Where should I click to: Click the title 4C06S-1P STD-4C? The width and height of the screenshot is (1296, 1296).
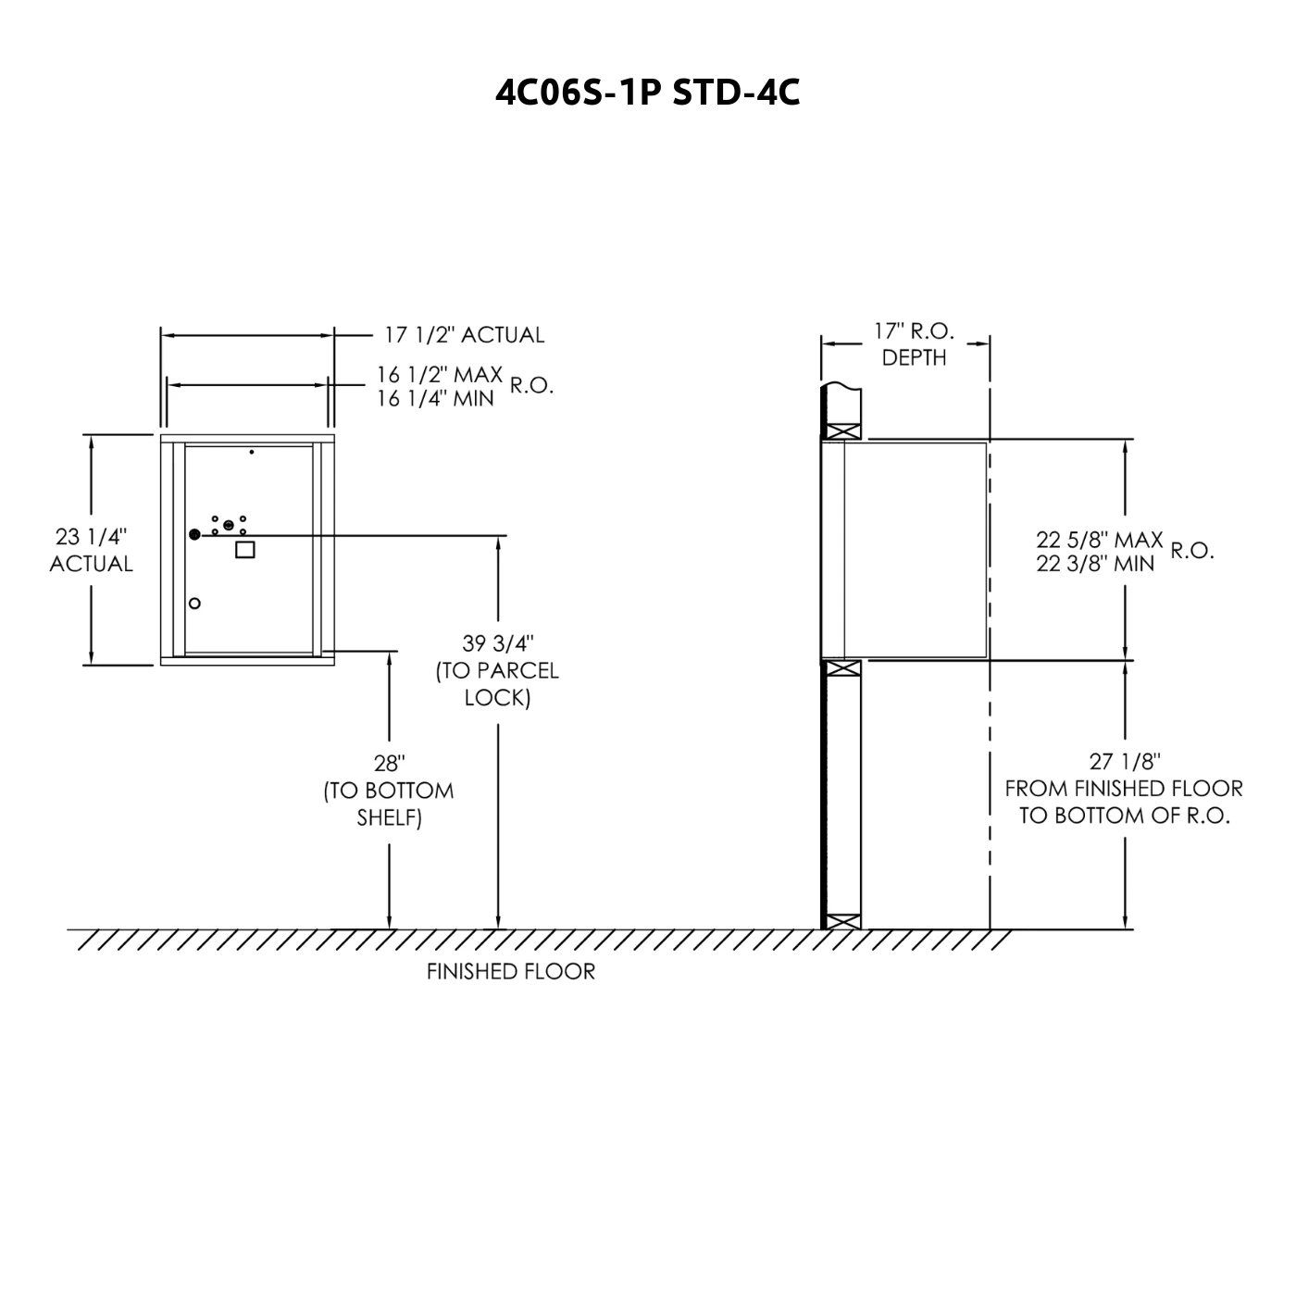pyautogui.click(x=647, y=93)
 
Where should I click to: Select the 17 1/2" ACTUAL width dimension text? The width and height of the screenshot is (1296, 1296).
pyautogui.click(x=464, y=335)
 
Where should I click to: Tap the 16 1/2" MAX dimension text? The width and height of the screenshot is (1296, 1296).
pyautogui.click(x=439, y=374)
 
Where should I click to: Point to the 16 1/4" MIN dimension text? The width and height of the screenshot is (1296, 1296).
pyautogui.click(x=435, y=398)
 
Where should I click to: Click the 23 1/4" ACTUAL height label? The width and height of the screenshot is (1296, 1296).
pyautogui.click(x=92, y=550)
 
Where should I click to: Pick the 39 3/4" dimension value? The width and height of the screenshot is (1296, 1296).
pyautogui.click(x=498, y=643)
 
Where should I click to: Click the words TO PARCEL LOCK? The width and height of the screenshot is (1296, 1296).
pyautogui.click(x=498, y=685)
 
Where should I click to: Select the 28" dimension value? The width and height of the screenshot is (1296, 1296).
pyautogui.click(x=390, y=764)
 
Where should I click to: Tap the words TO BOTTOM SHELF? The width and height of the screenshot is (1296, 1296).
pyautogui.click(x=389, y=804)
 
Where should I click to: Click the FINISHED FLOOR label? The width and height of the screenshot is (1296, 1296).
pyautogui.click(x=511, y=972)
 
